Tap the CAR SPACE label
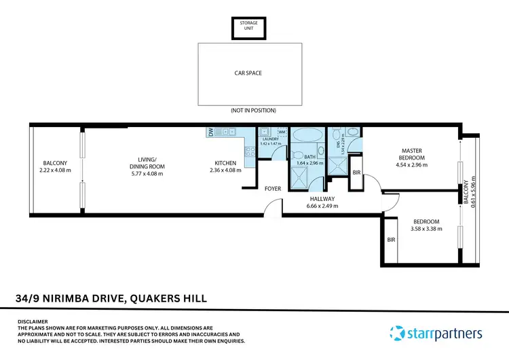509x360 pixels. coord(248,73)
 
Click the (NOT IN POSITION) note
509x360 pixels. coord(248,110)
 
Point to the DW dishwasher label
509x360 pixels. coord(211,132)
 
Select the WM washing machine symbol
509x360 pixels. coord(282,132)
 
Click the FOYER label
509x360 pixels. coord(273,188)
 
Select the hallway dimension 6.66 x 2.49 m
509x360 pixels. coord(322,206)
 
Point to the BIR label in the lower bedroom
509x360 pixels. coord(390,240)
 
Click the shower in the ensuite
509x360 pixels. coord(337,164)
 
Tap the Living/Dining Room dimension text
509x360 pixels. coord(147,174)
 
